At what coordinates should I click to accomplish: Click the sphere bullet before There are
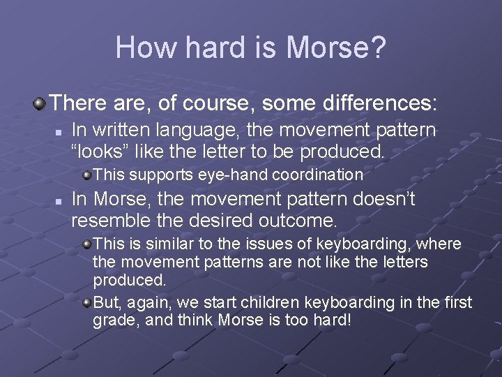point(40,104)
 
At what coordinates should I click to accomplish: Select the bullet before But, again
point(86,303)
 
